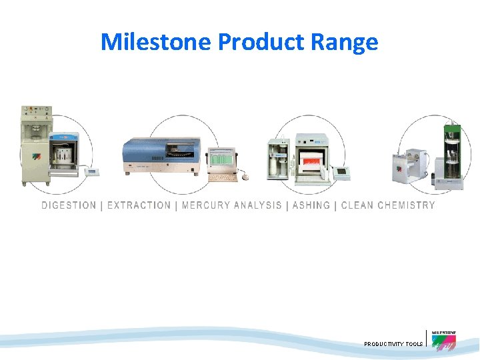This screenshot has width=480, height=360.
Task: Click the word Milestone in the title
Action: (x=157, y=42)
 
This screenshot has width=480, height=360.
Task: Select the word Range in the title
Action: (x=348, y=42)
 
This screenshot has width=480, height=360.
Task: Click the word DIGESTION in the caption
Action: (x=69, y=205)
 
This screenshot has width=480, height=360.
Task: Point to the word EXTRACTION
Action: (x=139, y=205)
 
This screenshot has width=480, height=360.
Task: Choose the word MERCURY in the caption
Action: (x=205, y=205)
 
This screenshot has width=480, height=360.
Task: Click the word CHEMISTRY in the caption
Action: (x=406, y=205)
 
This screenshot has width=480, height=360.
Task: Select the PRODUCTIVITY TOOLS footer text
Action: (x=393, y=344)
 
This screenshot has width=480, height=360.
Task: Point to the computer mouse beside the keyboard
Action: (x=244, y=178)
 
